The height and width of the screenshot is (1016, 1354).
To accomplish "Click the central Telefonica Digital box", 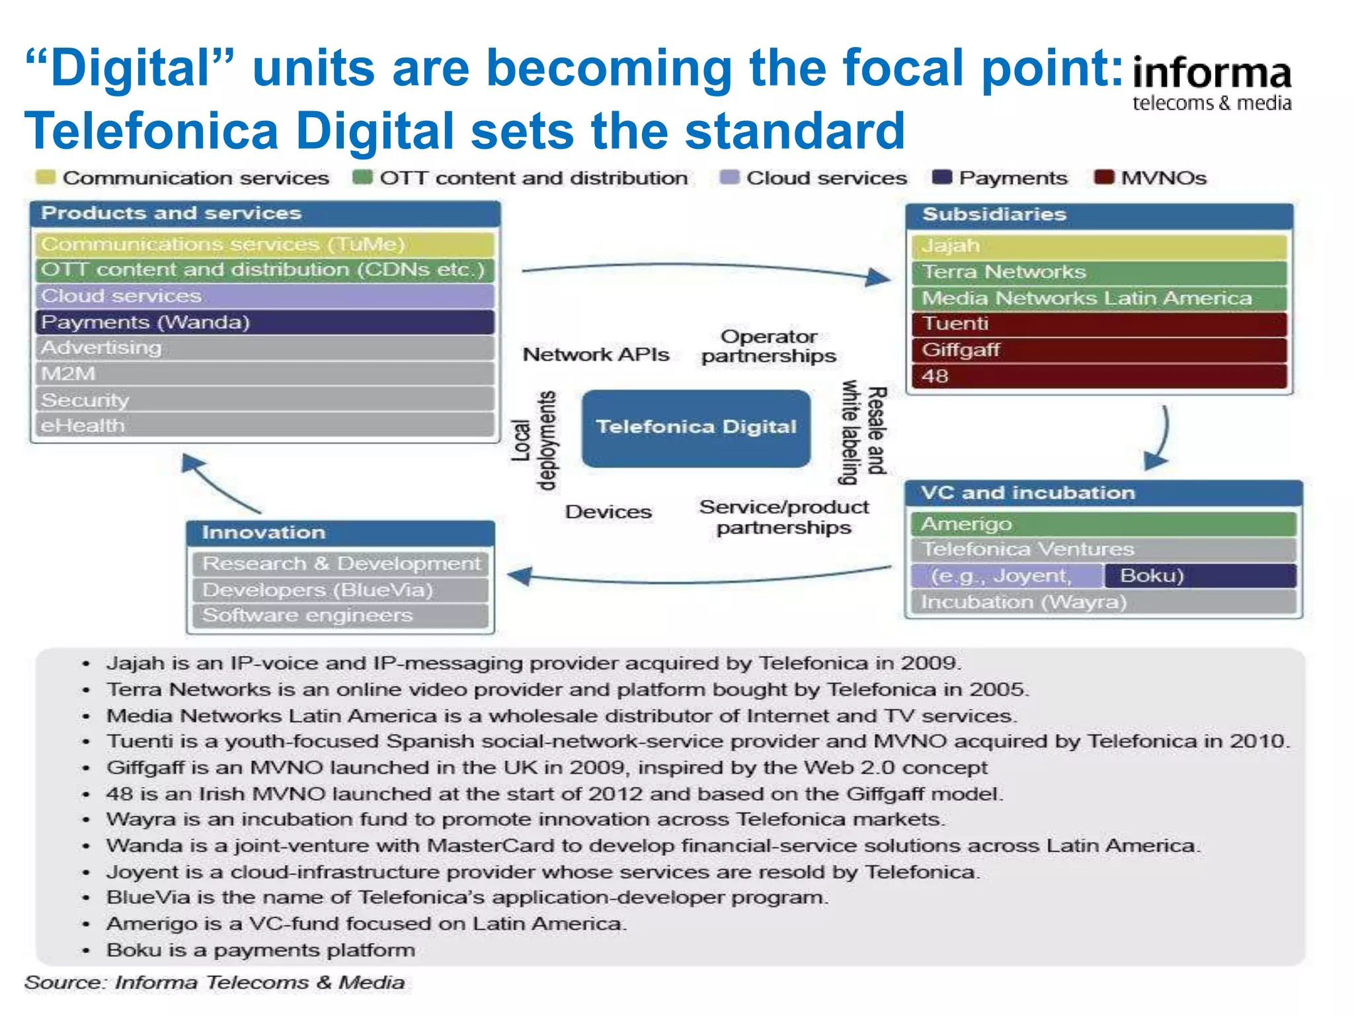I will (696, 428).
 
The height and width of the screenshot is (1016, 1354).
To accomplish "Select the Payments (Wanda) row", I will (264, 322).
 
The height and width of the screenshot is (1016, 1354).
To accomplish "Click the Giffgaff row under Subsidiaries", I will (1099, 350).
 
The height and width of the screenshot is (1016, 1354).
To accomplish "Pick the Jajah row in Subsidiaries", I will (1099, 246).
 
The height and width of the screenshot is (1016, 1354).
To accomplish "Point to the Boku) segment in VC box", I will (1199, 575).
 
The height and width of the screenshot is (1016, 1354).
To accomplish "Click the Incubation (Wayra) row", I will (1103, 602).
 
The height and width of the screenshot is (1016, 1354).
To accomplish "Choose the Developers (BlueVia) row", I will (340, 589).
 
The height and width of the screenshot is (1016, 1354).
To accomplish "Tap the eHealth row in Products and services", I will (264, 425).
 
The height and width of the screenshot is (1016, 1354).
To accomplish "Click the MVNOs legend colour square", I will (1103, 177).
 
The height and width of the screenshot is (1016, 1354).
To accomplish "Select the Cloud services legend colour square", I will (729, 177).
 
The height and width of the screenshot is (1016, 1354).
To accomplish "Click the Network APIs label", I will (596, 355).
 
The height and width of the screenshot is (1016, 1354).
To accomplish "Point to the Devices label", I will (608, 512).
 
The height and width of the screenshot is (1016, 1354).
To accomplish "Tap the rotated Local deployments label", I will (535, 441).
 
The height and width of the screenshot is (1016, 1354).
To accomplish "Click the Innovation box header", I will (340, 532).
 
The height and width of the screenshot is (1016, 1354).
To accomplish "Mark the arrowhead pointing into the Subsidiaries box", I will (878, 277).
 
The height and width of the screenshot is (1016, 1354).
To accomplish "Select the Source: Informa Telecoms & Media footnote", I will (215, 983).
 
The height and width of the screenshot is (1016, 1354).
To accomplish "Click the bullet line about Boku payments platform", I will (261, 950).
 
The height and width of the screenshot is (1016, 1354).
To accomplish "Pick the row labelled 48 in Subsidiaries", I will (1099, 376).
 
